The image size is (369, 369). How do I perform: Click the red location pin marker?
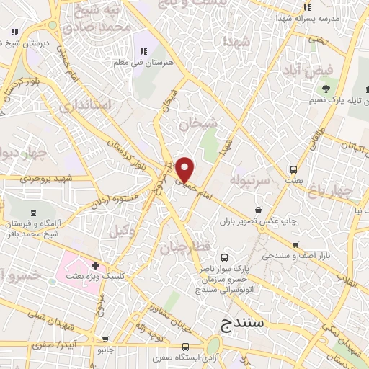point(185,168)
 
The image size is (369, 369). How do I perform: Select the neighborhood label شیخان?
point(197,123)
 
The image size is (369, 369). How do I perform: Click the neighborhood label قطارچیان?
point(191,247)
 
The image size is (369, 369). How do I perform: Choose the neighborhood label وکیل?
point(122,231)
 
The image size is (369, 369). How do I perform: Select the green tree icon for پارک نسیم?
point(326,89)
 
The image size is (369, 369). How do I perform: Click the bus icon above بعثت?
point(293,169)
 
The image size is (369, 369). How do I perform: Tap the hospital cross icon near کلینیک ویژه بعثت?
point(95,265)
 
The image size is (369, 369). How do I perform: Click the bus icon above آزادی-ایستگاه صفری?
point(185,346)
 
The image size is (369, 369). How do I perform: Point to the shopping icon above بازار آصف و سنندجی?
point(295,245)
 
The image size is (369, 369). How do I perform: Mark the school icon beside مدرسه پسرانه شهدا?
point(307,7)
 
